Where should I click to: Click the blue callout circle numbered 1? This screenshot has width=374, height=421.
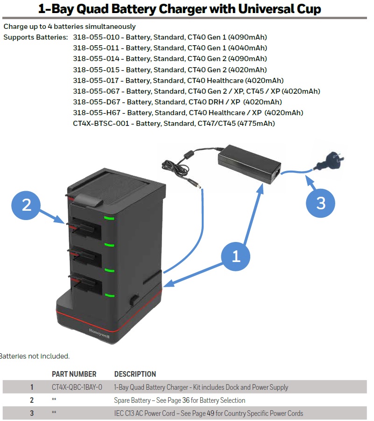[x=236, y=256]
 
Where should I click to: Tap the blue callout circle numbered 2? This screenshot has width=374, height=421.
[x=27, y=205]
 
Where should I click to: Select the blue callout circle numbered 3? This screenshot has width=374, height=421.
[x=321, y=203]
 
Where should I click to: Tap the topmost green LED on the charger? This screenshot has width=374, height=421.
[x=109, y=218]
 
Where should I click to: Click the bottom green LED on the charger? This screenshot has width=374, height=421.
[x=109, y=295]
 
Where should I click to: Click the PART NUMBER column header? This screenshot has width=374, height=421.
[x=74, y=374]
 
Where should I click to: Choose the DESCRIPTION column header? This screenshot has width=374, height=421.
[x=135, y=374]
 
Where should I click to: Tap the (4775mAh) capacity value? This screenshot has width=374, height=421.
[x=256, y=123]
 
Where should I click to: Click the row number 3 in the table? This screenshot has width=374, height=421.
[x=32, y=413]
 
